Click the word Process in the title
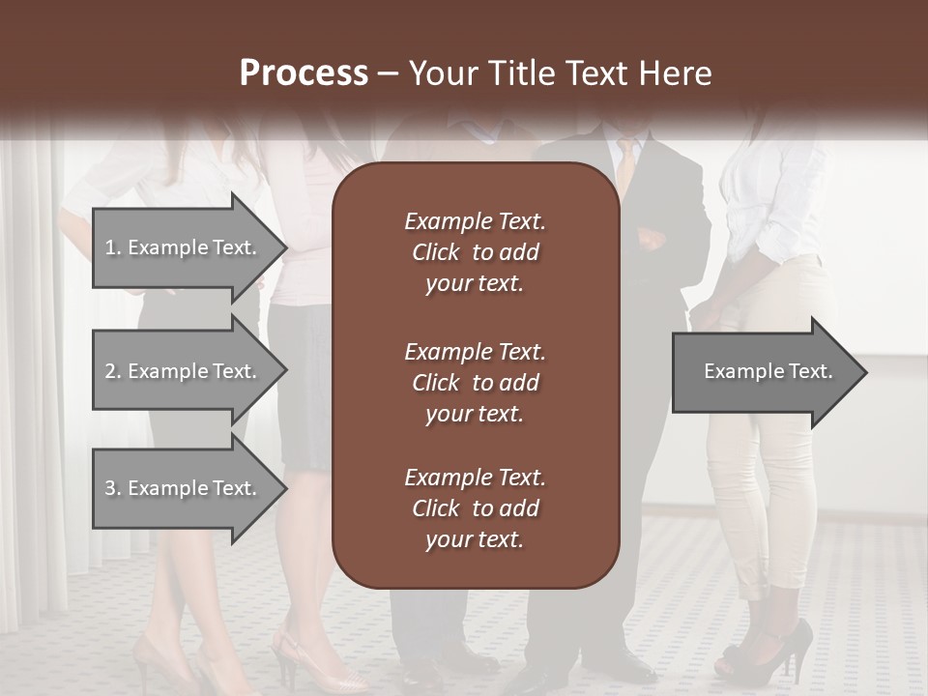[x=304, y=73]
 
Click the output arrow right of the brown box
[x=768, y=372]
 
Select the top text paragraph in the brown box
[x=475, y=252]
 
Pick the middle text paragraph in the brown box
[x=475, y=383]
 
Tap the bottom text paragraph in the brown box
[x=475, y=508]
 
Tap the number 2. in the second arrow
[x=113, y=371]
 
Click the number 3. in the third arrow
[x=113, y=488]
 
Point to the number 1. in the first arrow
[x=113, y=247]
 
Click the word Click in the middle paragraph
[x=436, y=383]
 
